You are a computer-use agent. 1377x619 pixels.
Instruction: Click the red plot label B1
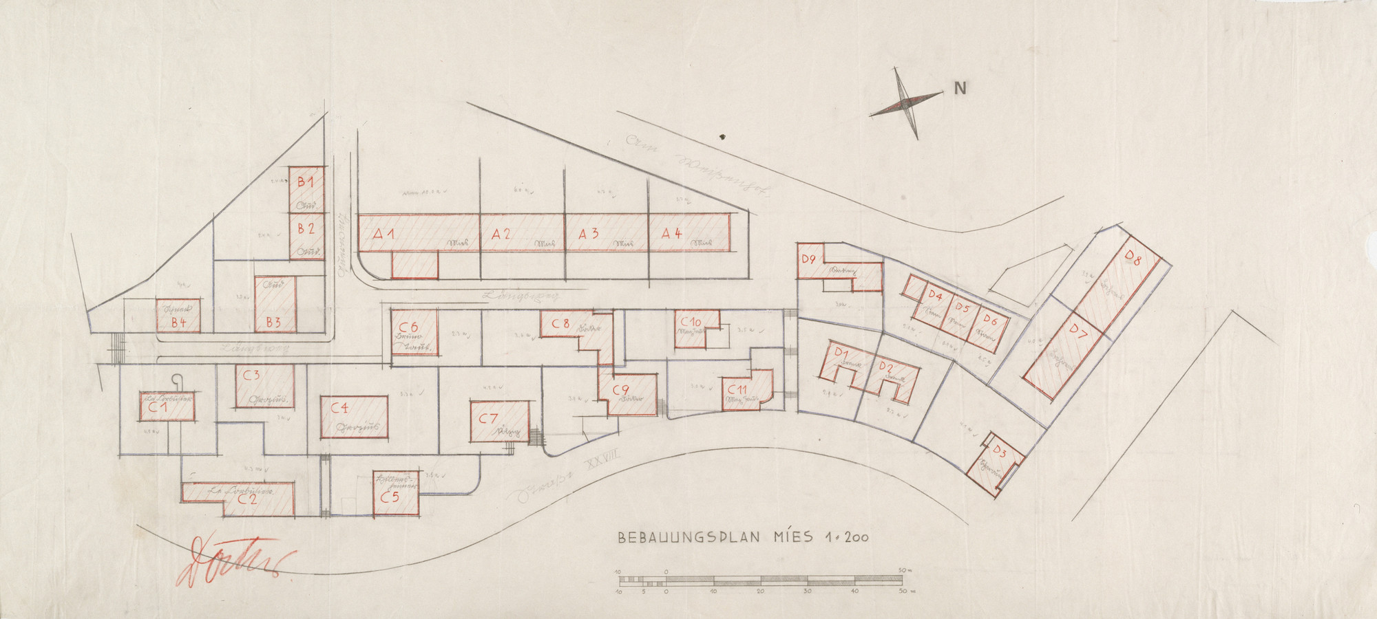point(306,182)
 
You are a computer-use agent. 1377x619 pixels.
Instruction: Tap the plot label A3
point(588,234)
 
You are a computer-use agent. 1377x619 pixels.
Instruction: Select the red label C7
point(488,417)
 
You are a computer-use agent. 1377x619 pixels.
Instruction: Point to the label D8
point(1133,260)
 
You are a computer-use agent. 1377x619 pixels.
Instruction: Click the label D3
point(1000,453)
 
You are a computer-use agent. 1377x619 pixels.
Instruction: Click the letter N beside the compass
point(960,88)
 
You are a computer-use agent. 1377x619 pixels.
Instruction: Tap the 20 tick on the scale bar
point(760,591)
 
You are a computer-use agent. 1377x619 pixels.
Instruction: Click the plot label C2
point(247,500)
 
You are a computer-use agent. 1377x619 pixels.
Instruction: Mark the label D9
point(808,259)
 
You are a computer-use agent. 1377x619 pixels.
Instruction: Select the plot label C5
point(389,499)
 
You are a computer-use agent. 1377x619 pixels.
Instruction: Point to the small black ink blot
point(721,137)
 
